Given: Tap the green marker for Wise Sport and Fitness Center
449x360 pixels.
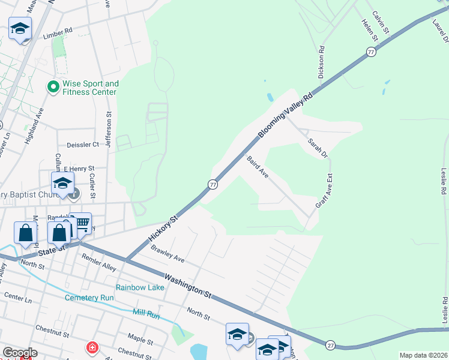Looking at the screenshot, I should click(53, 88).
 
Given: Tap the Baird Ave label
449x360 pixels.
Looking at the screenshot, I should click(258, 167).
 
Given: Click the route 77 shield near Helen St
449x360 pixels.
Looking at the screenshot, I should click(371, 53).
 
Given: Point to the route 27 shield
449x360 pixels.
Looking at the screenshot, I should click(330, 345).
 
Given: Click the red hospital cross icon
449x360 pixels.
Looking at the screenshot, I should click(92, 347).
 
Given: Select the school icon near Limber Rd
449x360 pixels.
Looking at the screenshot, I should click(20, 28).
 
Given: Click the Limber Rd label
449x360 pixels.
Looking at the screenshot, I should click(58, 29).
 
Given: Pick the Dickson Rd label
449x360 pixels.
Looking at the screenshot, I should click(322, 62).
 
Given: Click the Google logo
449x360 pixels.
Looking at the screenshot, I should click(19, 353).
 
